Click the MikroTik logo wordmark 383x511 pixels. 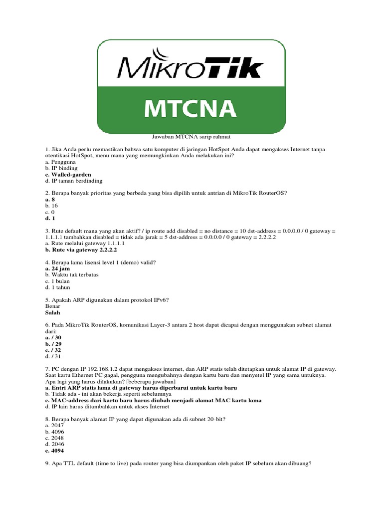pyautogui.click(x=189, y=65)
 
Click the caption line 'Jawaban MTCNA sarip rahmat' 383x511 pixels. pyautogui.click(x=190, y=136)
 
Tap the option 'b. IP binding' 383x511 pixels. pyautogui.click(x=61, y=168)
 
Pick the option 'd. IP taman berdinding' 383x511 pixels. pyautogui.click(x=73, y=181)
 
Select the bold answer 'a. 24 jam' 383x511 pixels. pyautogui.click(x=57, y=268)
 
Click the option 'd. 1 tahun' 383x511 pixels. pyautogui.click(x=57, y=287)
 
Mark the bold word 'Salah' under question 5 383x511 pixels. pyautogui.click(x=52, y=312)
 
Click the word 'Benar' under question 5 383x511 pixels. pyautogui.click(x=52, y=306)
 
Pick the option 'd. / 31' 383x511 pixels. pyautogui.click(x=53, y=356)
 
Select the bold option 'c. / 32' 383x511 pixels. pyautogui.click(x=53, y=349)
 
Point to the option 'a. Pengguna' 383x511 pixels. pyautogui.click(x=59, y=162)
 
